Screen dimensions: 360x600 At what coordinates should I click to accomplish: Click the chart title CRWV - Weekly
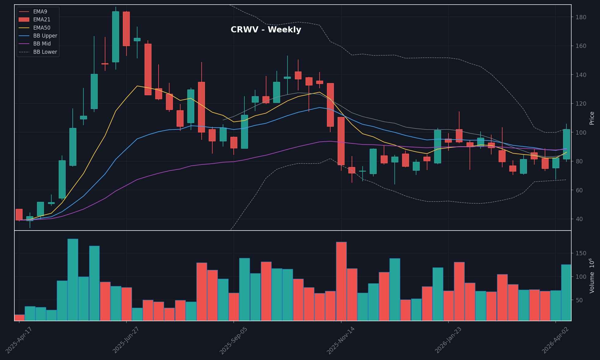point(266,30)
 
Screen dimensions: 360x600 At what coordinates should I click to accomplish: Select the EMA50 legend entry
point(42,28)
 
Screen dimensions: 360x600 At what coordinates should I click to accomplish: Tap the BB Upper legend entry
point(45,36)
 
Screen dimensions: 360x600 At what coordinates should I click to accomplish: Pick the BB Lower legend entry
point(45,52)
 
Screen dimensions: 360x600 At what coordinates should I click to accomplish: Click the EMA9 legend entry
point(40,12)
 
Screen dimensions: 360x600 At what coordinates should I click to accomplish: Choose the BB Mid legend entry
point(42,44)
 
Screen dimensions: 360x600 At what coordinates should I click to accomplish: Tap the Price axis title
point(592,118)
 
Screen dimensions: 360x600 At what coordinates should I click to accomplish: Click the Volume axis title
point(592,275)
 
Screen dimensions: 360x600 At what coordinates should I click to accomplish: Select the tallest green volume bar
point(73,280)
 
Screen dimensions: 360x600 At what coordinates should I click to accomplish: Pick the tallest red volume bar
point(341,281)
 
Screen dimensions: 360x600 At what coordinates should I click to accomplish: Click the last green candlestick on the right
point(566,144)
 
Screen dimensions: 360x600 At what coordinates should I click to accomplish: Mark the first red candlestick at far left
point(19,214)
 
